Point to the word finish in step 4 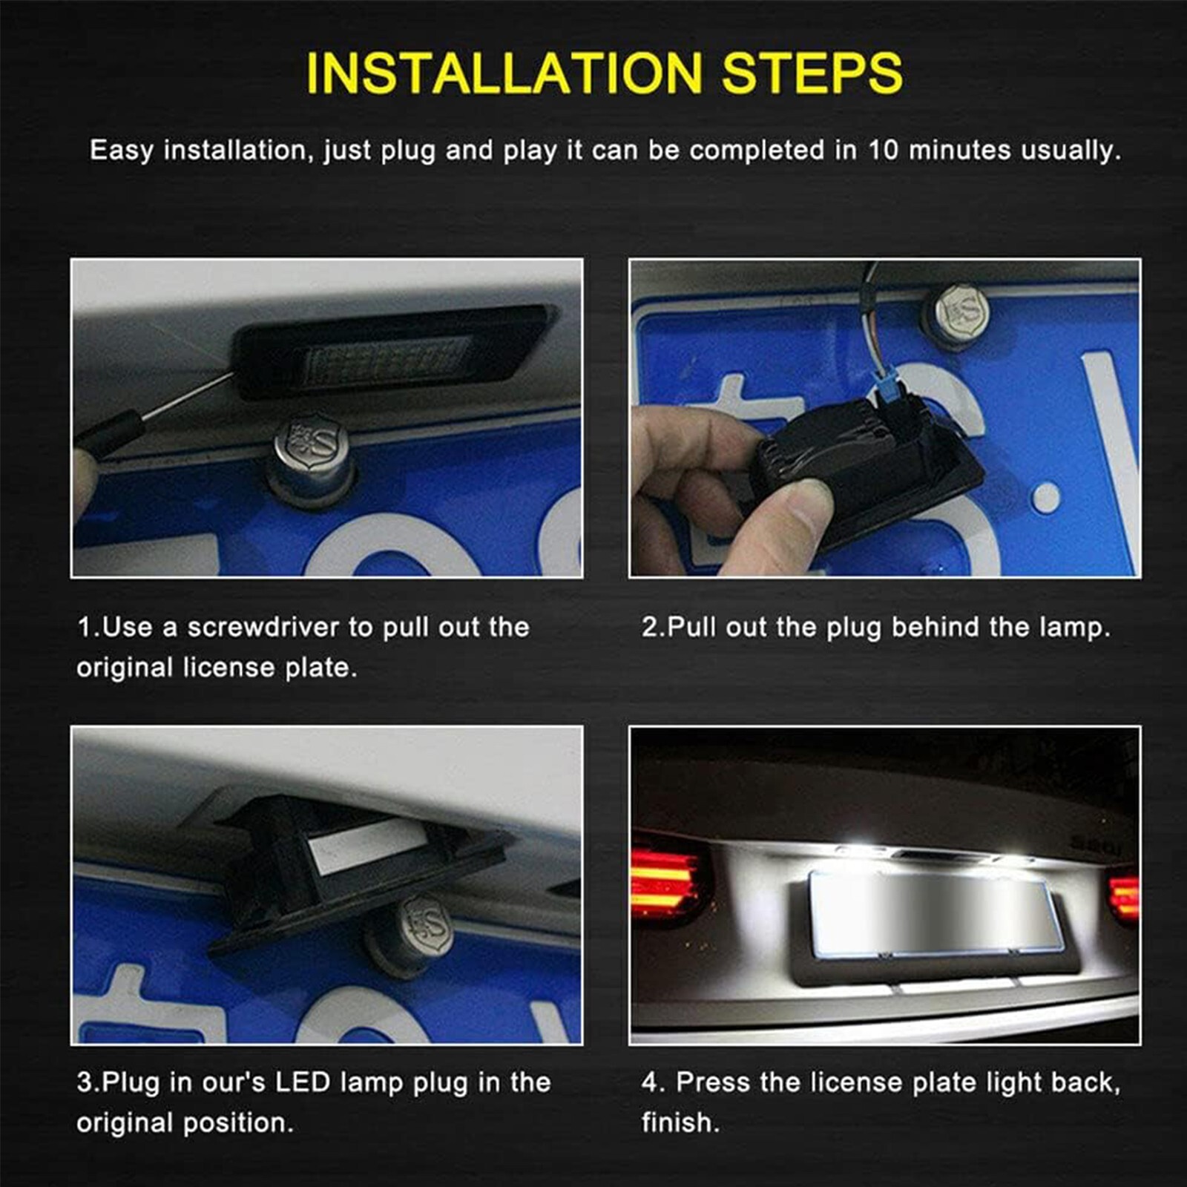[x=680, y=1122]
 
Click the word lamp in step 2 [x=1073, y=628]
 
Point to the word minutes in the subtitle [x=959, y=151]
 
